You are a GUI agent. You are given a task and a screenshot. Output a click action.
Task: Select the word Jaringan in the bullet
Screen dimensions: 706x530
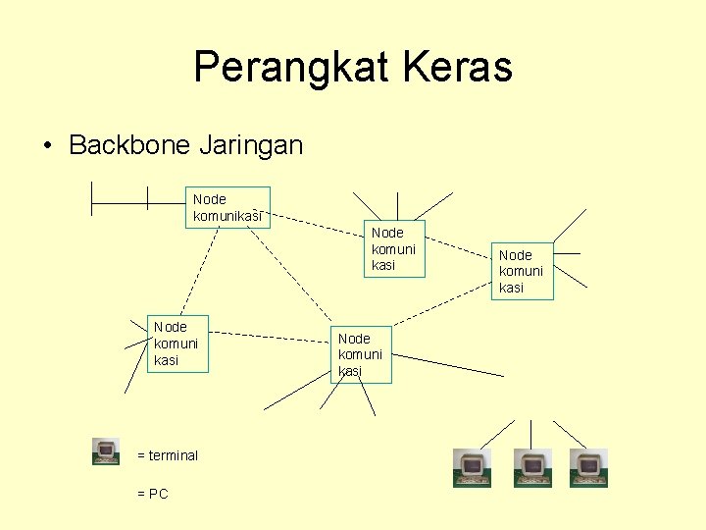[251, 146]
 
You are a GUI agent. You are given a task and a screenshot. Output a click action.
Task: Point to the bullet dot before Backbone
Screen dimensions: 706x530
[47, 147]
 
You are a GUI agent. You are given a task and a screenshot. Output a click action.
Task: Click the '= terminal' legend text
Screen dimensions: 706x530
[168, 455]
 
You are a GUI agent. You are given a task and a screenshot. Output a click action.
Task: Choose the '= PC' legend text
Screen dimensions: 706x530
[153, 494]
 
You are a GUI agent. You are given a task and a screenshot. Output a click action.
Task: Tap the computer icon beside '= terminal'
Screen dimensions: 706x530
[106, 451]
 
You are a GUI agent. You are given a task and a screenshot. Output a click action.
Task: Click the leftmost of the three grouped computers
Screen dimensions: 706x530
[472, 468]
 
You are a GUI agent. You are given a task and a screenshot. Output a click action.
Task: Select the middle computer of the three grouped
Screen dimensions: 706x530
[532, 468]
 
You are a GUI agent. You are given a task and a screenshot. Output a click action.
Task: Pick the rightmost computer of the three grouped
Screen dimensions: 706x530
[589, 468]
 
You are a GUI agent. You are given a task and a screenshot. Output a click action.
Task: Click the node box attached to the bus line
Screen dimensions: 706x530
[227, 207]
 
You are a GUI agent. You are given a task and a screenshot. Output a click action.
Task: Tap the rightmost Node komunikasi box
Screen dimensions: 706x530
[523, 271]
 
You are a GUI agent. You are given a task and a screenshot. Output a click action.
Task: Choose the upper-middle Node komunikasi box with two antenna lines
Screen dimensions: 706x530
[394, 249]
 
